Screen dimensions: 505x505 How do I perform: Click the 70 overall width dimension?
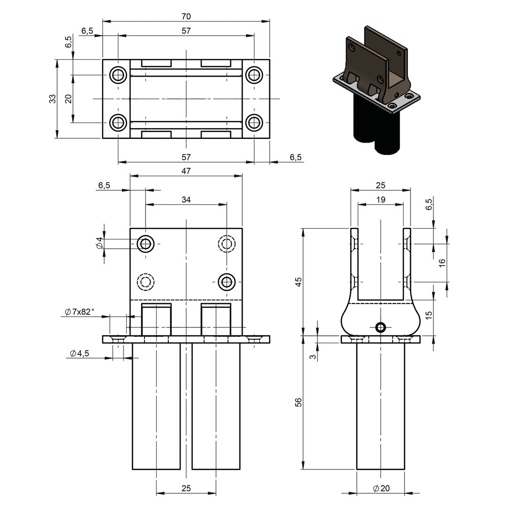(186, 16)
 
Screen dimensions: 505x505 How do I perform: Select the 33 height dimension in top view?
(52, 99)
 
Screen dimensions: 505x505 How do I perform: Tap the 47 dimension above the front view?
(186, 171)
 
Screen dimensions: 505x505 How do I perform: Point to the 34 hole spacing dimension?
(186, 200)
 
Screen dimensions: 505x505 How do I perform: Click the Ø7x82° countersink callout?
(79, 312)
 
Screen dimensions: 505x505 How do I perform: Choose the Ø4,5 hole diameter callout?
(79, 353)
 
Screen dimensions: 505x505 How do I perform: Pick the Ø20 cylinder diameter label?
(382, 488)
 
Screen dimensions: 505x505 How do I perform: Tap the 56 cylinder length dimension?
(298, 402)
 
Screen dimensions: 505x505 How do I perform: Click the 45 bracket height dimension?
(298, 282)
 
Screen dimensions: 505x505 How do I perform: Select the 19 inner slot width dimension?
(381, 200)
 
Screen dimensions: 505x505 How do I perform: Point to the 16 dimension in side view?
(442, 262)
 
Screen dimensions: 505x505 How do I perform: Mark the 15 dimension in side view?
(429, 315)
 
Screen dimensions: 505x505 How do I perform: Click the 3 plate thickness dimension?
(313, 357)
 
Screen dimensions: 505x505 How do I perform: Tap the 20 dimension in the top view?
(68, 99)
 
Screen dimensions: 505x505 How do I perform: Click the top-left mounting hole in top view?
(118, 75)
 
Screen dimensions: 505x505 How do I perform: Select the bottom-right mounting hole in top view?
(254, 123)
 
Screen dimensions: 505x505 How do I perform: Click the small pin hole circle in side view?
(381, 327)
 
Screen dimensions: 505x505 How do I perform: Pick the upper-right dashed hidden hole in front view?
(227, 243)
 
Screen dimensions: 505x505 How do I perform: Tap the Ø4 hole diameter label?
(100, 243)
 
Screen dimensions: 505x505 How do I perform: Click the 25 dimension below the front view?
(186, 488)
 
